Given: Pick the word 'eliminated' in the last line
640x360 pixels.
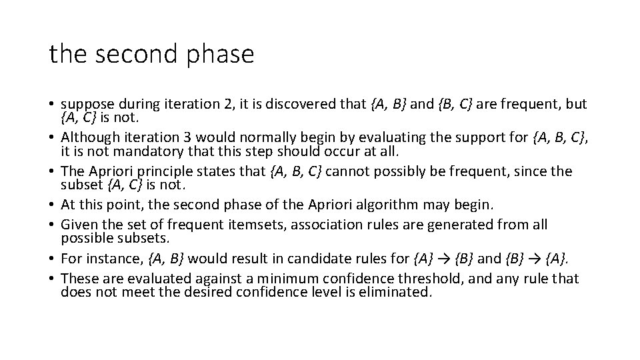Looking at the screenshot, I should point(395,291).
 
